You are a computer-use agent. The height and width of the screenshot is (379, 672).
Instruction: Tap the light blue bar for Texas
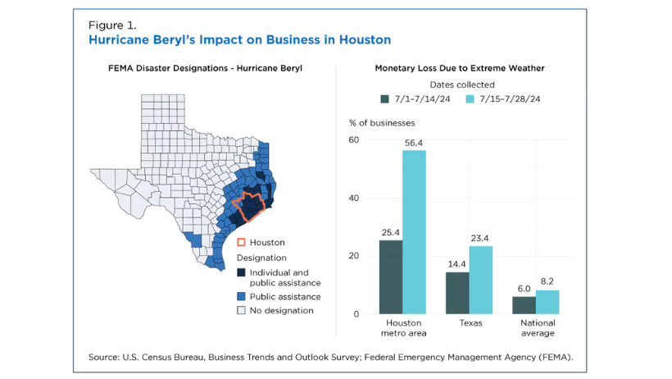(481, 280)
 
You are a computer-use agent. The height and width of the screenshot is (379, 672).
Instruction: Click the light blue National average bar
(547, 302)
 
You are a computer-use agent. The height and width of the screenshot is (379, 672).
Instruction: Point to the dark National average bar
(524, 305)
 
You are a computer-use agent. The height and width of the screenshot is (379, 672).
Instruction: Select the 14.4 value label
(457, 265)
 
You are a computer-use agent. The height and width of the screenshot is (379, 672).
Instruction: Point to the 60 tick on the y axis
(354, 140)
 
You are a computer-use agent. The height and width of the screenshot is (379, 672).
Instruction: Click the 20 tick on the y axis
(354, 256)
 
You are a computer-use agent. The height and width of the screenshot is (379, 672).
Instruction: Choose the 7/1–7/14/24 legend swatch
(384, 99)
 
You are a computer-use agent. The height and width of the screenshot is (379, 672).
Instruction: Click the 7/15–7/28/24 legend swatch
(470, 99)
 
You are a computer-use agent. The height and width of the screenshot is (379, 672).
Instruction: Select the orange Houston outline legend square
(241, 242)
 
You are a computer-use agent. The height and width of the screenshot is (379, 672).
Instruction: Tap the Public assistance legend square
(241, 296)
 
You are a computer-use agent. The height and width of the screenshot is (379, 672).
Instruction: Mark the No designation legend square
(241, 310)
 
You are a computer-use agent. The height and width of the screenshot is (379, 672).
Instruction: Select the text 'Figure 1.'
(112, 25)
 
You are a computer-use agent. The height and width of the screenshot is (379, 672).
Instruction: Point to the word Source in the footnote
(105, 357)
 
